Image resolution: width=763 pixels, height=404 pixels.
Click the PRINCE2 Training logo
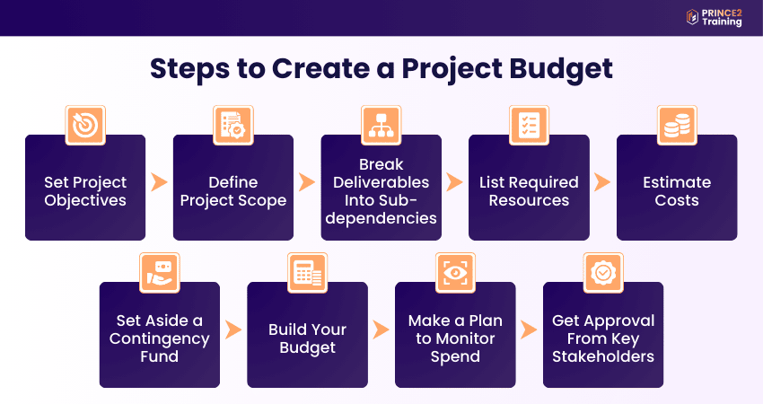pyautogui.click(x=714, y=17)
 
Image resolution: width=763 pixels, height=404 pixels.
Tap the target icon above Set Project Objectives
pyautogui.click(x=85, y=126)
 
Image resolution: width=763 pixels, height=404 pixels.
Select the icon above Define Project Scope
pyautogui.click(x=233, y=126)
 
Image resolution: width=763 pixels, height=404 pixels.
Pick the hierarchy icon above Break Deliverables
pyautogui.click(x=381, y=126)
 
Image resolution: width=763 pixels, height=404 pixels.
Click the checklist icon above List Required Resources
pyautogui.click(x=529, y=126)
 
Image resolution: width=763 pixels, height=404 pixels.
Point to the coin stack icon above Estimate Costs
pyautogui.click(x=677, y=126)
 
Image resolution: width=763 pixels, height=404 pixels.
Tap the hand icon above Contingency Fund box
pyautogui.click(x=160, y=273)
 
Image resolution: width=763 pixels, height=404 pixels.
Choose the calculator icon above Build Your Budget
pyautogui.click(x=307, y=273)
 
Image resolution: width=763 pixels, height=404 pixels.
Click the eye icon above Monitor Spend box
pyautogui.click(x=455, y=273)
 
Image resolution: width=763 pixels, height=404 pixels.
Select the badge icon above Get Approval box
pyautogui.click(x=603, y=273)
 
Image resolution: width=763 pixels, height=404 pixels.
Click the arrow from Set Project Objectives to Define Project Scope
pyautogui.click(x=159, y=182)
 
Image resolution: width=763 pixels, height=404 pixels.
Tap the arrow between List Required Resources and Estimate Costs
pyautogui.click(x=602, y=182)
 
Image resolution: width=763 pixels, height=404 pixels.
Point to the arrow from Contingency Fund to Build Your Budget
pyautogui.click(x=233, y=329)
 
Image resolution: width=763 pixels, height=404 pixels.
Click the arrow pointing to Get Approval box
pyautogui.click(x=529, y=329)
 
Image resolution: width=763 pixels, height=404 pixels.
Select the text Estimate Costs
pyautogui.click(x=677, y=191)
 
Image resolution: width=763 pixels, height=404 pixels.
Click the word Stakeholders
pyautogui.click(x=603, y=356)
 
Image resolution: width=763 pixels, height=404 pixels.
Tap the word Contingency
pyautogui.click(x=160, y=338)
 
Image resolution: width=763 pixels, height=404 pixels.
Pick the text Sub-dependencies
pyautogui.click(x=381, y=209)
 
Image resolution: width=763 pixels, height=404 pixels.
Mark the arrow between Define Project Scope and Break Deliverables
pyautogui.click(x=307, y=182)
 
